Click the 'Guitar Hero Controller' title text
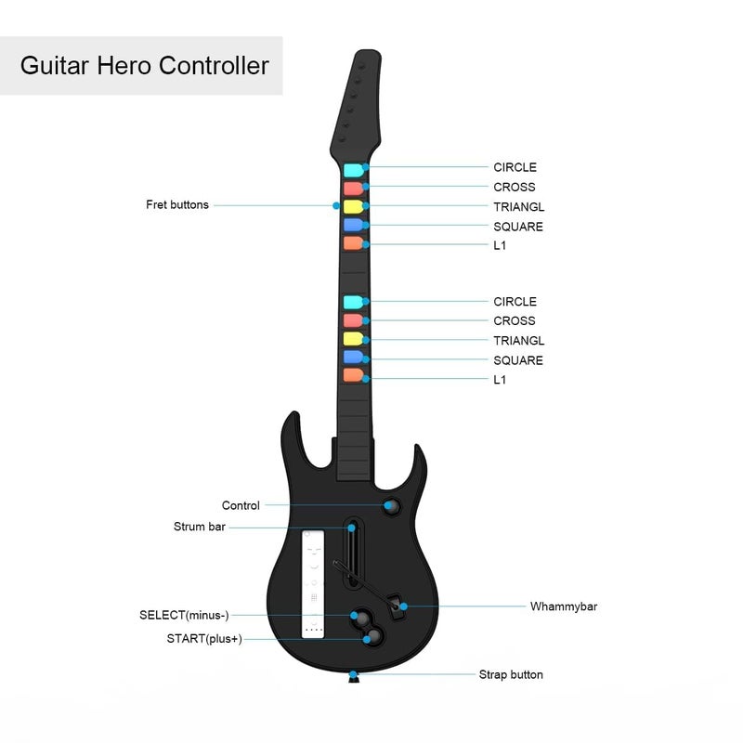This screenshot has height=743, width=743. [x=145, y=65]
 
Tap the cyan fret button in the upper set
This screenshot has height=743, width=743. [x=354, y=170]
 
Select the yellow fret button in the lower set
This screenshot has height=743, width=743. [x=353, y=339]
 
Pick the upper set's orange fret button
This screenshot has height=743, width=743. [x=353, y=243]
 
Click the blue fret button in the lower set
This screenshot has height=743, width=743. [x=353, y=358]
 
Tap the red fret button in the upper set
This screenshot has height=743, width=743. [x=354, y=189]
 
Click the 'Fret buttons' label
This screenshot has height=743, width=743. [x=177, y=204]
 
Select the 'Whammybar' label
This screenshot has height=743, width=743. [x=564, y=606]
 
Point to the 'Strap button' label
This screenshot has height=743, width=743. [x=511, y=674]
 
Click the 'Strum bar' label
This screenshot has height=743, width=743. [x=200, y=527]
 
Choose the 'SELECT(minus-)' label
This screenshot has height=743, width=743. [x=184, y=615]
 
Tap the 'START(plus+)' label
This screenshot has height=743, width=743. [x=204, y=639]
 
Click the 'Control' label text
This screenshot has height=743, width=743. [x=241, y=505]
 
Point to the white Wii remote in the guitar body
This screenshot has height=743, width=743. [x=313, y=584]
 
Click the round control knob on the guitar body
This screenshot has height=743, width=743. [x=391, y=506]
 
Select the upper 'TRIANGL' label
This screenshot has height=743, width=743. [x=519, y=207]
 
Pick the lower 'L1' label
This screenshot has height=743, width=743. [x=500, y=380]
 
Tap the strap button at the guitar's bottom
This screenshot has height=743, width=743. [x=354, y=678]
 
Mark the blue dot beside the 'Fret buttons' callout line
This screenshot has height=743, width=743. [x=336, y=205]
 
